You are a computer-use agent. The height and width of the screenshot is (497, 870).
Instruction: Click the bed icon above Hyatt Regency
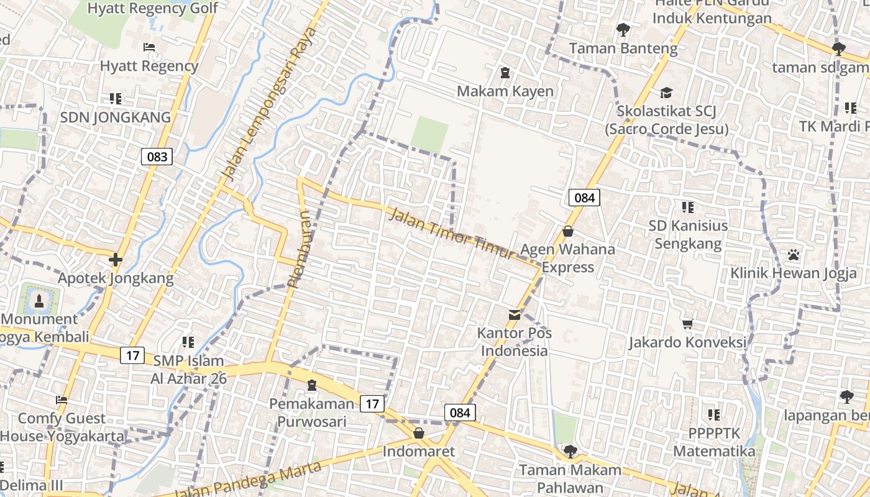click(149, 47)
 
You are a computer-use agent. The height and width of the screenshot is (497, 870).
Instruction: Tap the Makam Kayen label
click(505, 91)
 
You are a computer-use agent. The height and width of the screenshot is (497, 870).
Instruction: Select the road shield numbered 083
click(157, 157)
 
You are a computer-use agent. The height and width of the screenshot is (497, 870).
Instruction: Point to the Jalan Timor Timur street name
click(452, 234)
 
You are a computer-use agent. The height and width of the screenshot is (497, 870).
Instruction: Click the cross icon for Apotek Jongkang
click(116, 259)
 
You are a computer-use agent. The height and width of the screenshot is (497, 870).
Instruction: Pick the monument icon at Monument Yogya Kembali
click(39, 301)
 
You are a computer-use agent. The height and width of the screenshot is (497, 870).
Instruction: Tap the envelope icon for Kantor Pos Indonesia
click(515, 315)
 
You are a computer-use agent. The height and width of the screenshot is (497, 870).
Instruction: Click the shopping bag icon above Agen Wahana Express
click(567, 231)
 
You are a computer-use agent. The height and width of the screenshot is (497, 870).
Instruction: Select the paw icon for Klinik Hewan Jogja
click(793, 255)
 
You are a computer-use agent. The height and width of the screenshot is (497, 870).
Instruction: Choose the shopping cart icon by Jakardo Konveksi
click(687, 324)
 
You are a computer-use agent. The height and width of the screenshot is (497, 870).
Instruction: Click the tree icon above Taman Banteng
click(623, 29)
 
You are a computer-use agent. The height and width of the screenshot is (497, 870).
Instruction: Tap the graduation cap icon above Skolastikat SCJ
click(666, 93)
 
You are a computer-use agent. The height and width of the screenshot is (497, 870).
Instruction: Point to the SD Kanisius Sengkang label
click(688, 234)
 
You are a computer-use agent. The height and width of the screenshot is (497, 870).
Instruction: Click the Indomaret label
click(419, 452)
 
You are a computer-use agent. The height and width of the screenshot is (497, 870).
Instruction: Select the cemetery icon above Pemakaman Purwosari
click(311, 386)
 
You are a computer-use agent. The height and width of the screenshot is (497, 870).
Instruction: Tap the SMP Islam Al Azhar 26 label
click(188, 369)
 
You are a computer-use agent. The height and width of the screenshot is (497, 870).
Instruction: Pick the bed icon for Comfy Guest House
click(61, 399)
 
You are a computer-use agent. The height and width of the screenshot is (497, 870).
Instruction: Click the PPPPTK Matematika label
click(714, 442)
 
